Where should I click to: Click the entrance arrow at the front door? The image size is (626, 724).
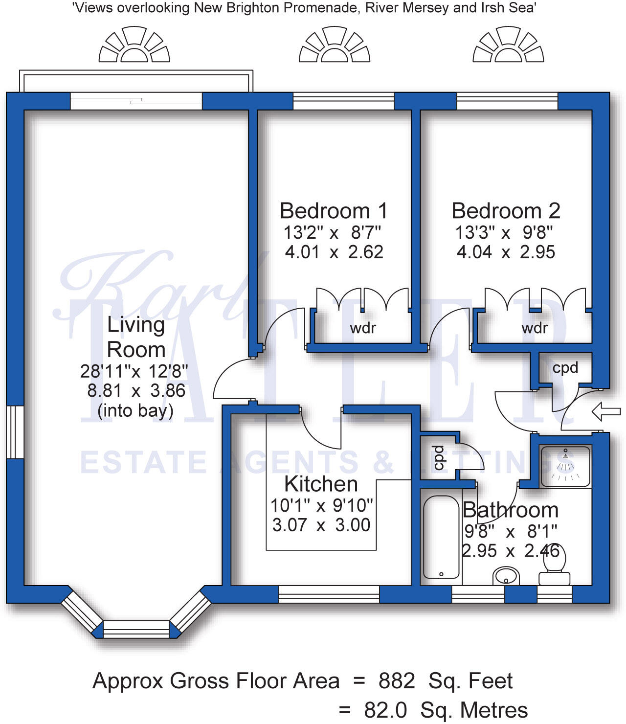pyautogui.click(x=606, y=411)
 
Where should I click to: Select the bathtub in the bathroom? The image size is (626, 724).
pyautogui.click(x=441, y=537)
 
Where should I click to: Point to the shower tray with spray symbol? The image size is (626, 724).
pyautogui.click(x=565, y=466)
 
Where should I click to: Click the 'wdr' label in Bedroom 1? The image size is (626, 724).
pyautogui.click(x=363, y=328)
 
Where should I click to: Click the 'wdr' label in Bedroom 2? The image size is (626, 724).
pyautogui.click(x=535, y=328)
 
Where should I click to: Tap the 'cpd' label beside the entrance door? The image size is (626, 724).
pyautogui.click(x=565, y=367)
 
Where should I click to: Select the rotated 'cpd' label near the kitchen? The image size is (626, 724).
pyautogui.click(x=439, y=457)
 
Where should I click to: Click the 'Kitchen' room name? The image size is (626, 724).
pyautogui.click(x=321, y=484)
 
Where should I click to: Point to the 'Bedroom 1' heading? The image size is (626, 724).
pyautogui.click(x=334, y=211)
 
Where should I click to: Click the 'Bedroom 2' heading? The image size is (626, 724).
pyautogui.click(x=506, y=211)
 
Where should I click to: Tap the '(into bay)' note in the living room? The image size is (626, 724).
pyautogui.click(x=135, y=410)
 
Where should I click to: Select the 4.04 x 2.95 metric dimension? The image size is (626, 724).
pyautogui.click(x=506, y=252)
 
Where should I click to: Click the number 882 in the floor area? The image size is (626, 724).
pyautogui.click(x=397, y=680)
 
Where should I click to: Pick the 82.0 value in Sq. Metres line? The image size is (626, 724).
pyautogui.click(x=385, y=710)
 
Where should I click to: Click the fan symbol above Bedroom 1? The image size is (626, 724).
pyautogui.click(x=335, y=45)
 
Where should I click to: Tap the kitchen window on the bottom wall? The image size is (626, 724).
pyautogui.click(x=329, y=594)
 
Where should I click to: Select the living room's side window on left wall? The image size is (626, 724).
pyautogui.click(x=15, y=432)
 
